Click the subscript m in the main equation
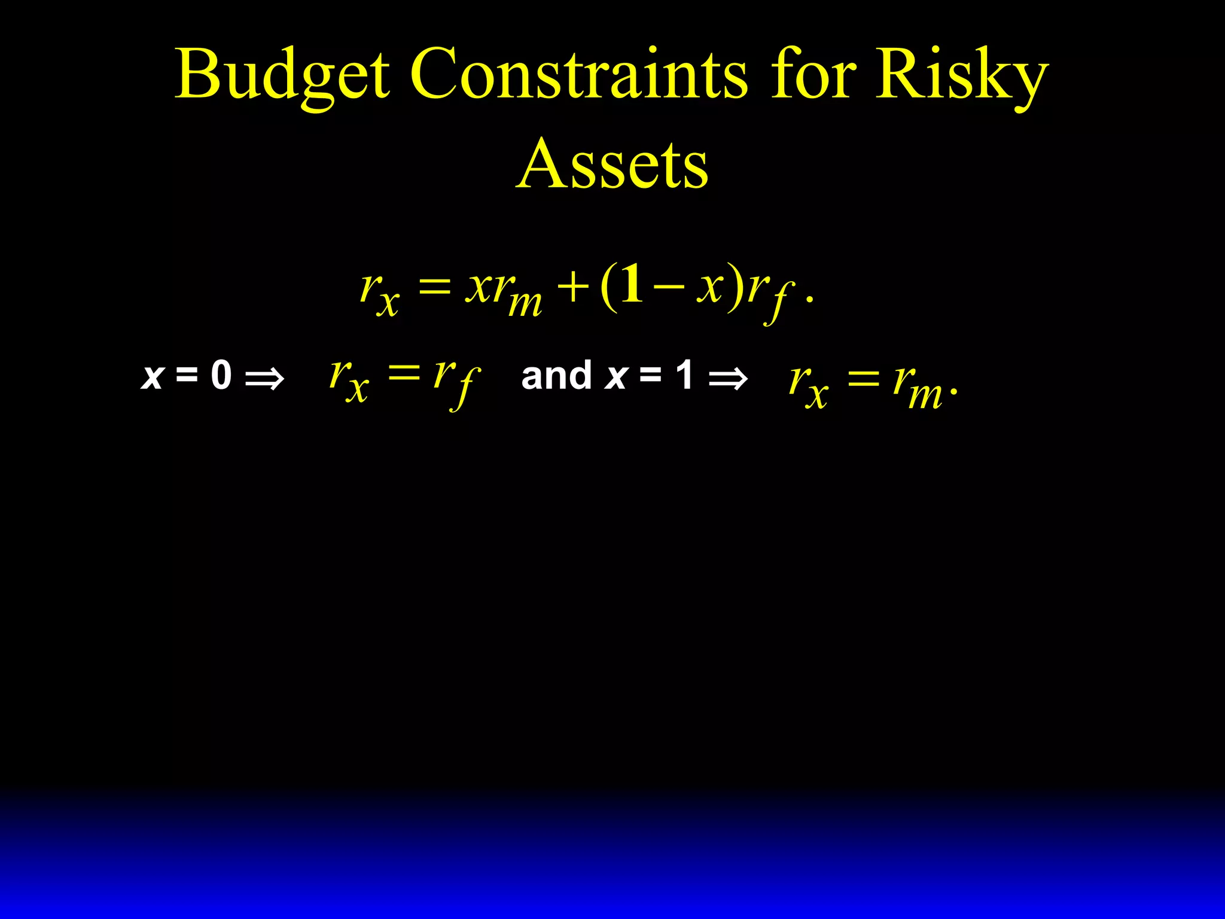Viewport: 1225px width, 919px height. [525, 304]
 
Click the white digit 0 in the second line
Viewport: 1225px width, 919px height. [221, 376]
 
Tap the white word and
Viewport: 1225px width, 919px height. [556, 376]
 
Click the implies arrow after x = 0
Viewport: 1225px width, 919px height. [264, 379]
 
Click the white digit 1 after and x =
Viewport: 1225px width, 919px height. [684, 376]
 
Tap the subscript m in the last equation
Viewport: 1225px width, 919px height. [925, 395]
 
